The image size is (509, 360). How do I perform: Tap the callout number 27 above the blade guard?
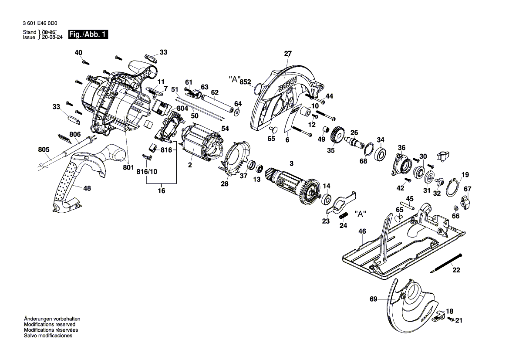pyautogui.click(x=287, y=54)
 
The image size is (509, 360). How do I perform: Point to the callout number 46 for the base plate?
pyautogui.click(x=362, y=232)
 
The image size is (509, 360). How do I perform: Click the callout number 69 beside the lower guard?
pyautogui.click(x=373, y=299)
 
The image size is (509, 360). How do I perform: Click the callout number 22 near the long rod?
pyautogui.click(x=455, y=270)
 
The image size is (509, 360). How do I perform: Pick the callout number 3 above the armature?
pyautogui.click(x=292, y=163)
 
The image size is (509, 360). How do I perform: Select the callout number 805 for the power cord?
pyautogui.click(x=44, y=149)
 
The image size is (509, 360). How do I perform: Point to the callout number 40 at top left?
pyautogui.click(x=78, y=53)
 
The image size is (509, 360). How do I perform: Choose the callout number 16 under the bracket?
pyautogui.click(x=161, y=190)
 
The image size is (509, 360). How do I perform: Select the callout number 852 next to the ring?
pyautogui.click(x=246, y=82)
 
